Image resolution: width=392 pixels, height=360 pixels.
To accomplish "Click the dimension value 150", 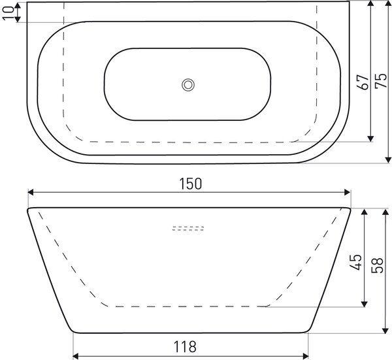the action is pyautogui.click(x=190, y=184).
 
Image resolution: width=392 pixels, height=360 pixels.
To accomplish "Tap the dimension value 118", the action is pyautogui.click(x=185, y=346).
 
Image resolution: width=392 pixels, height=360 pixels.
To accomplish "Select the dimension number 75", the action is pyautogui.click(x=381, y=81).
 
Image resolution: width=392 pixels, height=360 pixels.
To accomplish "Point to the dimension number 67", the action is pyautogui.click(x=363, y=82).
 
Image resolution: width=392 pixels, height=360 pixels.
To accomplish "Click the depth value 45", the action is pyautogui.click(x=355, y=262).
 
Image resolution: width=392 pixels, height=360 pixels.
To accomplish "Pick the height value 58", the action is pyautogui.click(x=377, y=265).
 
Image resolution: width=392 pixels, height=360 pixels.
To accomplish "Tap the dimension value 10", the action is pyautogui.click(x=8, y=13).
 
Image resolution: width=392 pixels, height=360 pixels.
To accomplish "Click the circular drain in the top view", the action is pyautogui.click(x=188, y=85).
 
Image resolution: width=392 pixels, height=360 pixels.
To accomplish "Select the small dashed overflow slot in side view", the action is pyautogui.click(x=188, y=228).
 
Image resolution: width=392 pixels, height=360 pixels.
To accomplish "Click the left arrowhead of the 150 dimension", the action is pyautogui.click(x=31, y=192).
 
